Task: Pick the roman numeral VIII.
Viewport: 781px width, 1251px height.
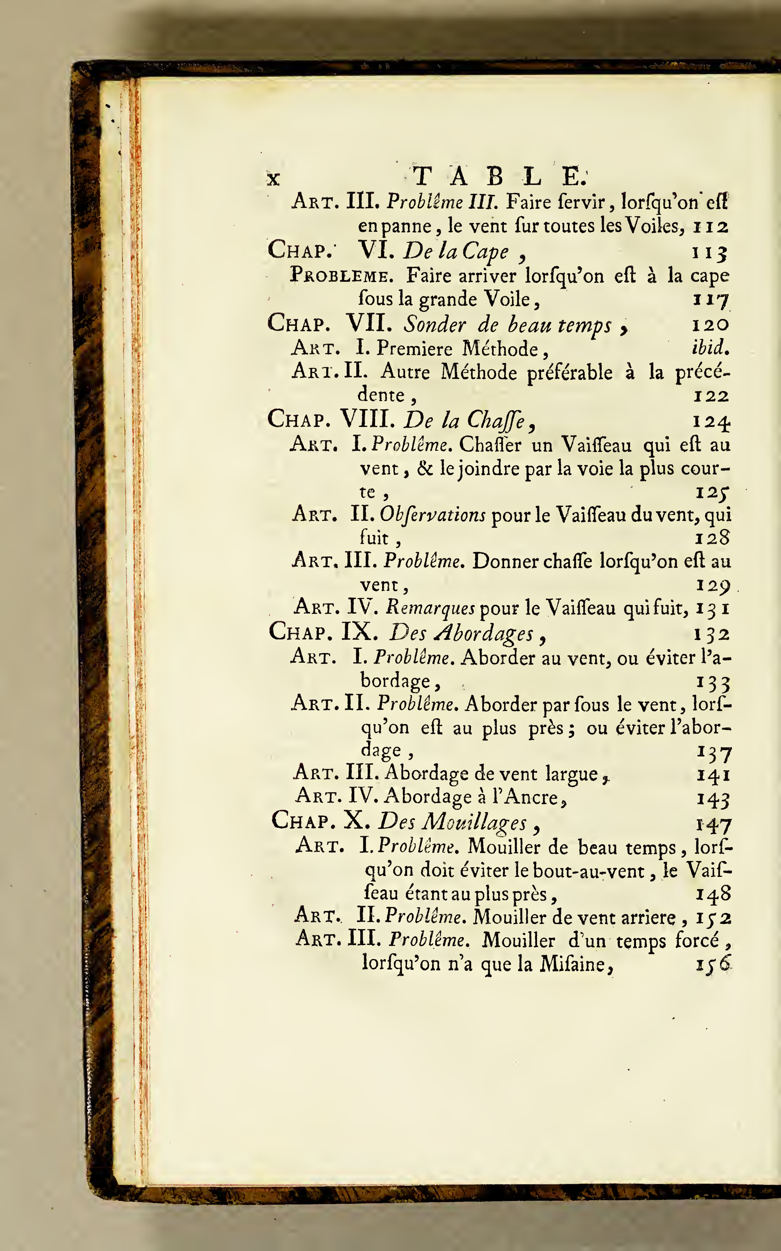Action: click(367, 419)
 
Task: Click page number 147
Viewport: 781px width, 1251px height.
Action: click(713, 825)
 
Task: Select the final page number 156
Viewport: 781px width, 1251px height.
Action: click(713, 964)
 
